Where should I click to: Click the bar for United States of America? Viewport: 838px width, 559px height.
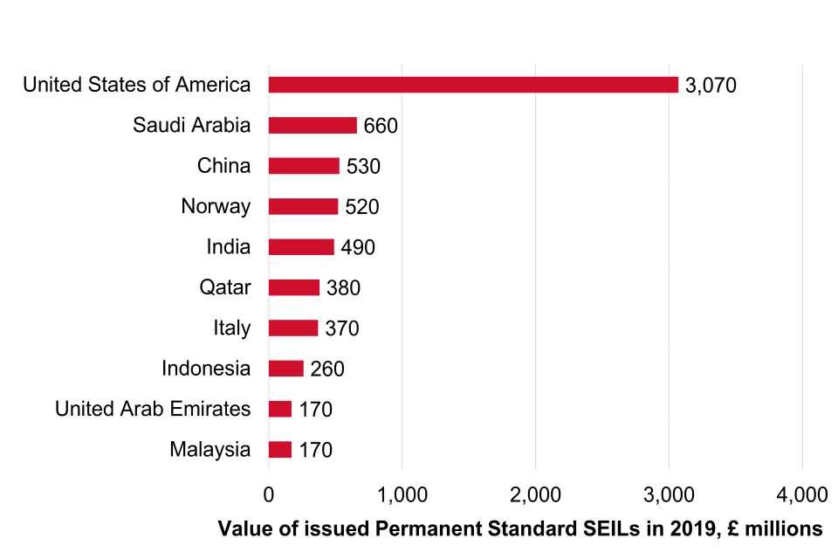tap(473, 85)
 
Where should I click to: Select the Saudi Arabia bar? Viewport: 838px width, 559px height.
tap(313, 126)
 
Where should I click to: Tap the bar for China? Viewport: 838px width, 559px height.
tap(304, 166)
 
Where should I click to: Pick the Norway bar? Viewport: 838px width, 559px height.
tap(303, 207)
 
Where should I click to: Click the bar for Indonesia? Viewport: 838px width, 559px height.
tap(285, 369)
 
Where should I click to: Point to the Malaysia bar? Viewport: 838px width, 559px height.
tap(279, 450)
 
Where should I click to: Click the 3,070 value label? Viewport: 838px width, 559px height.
tap(711, 86)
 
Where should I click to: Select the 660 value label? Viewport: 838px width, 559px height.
tap(381, 126)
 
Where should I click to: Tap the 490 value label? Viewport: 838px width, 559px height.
tap(358, 248)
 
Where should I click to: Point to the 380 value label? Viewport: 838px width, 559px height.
tap(343, 288)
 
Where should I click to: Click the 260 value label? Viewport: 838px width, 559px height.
tap(327, 369)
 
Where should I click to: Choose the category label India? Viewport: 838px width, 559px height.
tap(228, 247)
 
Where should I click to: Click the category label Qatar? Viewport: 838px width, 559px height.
tap(224, 287)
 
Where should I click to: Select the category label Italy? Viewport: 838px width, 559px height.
tap(231, 328)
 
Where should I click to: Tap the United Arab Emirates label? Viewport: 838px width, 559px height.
tap(153, 409)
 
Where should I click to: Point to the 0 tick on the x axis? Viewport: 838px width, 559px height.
tap(269, 494)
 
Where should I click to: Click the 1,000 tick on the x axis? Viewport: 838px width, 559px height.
tap(402, 494)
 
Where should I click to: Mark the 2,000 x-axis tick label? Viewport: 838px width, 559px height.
tap(535, 494)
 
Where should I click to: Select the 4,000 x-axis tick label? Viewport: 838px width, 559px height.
tap(802, 494)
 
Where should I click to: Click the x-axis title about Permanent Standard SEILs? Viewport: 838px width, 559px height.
tap(520, 528)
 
